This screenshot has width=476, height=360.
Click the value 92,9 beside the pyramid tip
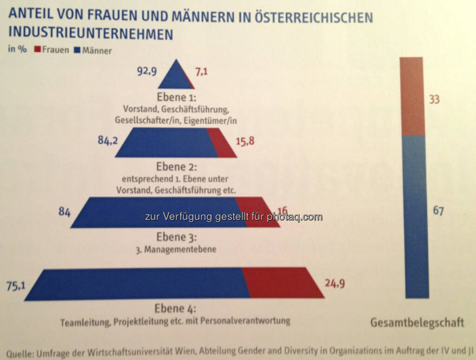[145, 71]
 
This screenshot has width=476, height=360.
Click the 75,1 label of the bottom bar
[15, 286]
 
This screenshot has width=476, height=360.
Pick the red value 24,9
[335, 282]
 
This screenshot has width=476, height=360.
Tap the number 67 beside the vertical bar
[438, 211]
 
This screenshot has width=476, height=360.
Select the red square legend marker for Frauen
[37, 50]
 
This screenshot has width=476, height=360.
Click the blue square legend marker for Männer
[77, 50]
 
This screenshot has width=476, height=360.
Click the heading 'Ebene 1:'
[176, 98]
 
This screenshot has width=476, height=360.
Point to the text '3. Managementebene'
[176, 250]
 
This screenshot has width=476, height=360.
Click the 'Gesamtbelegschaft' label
[417, 323]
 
